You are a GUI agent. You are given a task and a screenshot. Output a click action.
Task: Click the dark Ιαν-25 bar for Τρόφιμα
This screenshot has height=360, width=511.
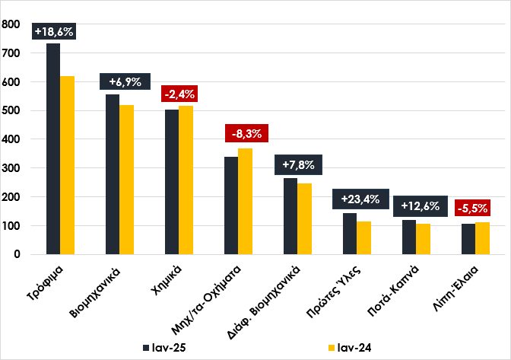[53, 148]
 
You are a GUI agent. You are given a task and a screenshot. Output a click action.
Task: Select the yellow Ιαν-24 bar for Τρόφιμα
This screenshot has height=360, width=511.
[68, 165]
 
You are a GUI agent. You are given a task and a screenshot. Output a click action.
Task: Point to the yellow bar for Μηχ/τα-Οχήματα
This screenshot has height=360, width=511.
[246, 202]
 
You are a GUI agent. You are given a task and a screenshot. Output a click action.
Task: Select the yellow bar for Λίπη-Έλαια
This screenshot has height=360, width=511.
[483, 238]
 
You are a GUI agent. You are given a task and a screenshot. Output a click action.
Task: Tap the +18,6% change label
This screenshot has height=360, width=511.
[53, 31]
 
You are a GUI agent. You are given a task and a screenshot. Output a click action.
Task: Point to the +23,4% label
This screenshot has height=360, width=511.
[357, 200]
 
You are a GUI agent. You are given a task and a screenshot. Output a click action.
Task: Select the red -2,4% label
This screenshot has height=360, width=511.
[179, 95]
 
